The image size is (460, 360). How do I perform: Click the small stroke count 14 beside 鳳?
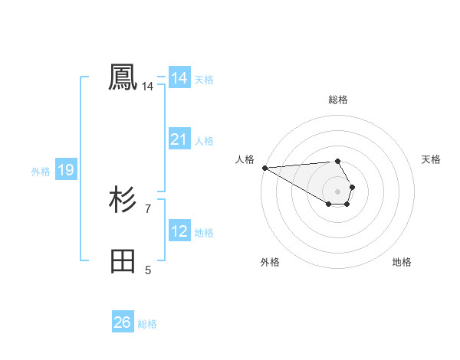(x=147, y=87)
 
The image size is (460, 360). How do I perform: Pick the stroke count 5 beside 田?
(x=147, y=270)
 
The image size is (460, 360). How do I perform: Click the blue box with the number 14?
(x=179, y=78)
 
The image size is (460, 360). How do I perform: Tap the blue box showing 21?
(x=179, y=139)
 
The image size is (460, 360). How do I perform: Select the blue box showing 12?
(x=179, y=231)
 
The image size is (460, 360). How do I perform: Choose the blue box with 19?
(x=65, y=170)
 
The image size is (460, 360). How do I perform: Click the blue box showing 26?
(x=122, y=322)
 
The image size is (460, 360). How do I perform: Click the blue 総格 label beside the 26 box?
(x=147, y=324)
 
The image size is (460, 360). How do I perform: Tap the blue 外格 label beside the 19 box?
(x=41, y=172)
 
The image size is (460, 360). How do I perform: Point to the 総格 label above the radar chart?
(x=338, y=100)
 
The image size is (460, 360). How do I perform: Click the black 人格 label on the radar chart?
(x=245, y=159)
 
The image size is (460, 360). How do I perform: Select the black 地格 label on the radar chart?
(x=402, y=262)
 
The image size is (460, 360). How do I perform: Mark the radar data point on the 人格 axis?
(x=264, y=167)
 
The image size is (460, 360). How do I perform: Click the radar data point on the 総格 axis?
(x=337, y=161)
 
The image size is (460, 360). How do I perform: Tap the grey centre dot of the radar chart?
(x=337, y=190)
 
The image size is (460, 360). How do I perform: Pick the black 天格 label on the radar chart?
(x=431, y=159)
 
